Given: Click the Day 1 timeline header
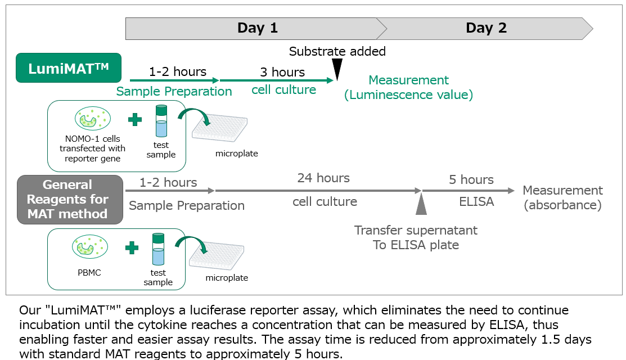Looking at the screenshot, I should (256, 28).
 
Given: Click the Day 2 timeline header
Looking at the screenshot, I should (486, 28).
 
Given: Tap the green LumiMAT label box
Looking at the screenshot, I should (69, 68).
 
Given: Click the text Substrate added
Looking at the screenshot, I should (337, 52).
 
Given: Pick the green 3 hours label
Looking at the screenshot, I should (282, 72).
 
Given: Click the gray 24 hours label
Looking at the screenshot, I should (323, 178).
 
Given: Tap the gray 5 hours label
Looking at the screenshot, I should (471, 180).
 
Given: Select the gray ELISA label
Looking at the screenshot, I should (476, 201).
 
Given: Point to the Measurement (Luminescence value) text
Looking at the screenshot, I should (408, 87).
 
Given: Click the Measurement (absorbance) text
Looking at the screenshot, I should (562, 198).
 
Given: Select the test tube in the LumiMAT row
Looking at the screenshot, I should (161, 121).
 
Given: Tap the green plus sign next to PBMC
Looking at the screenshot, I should (132, 247).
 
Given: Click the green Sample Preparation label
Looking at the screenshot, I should (174, 92).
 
